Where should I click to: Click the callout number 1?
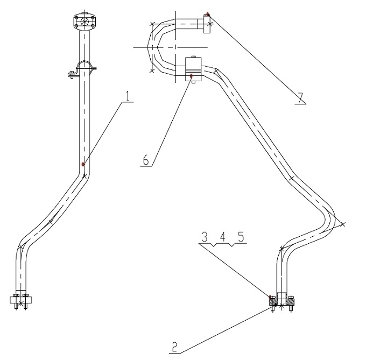[128, 96]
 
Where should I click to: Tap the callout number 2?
[174, 347]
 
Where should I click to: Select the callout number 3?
[205, 237]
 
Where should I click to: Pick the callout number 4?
[223, 237]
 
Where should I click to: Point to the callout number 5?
[241, 237]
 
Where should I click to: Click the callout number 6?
[146, 160]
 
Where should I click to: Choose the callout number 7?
[300, 98]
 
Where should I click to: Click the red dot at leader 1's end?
[83, 164]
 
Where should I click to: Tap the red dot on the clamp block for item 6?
[192, 76]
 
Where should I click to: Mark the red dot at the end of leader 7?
[207, 14]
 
